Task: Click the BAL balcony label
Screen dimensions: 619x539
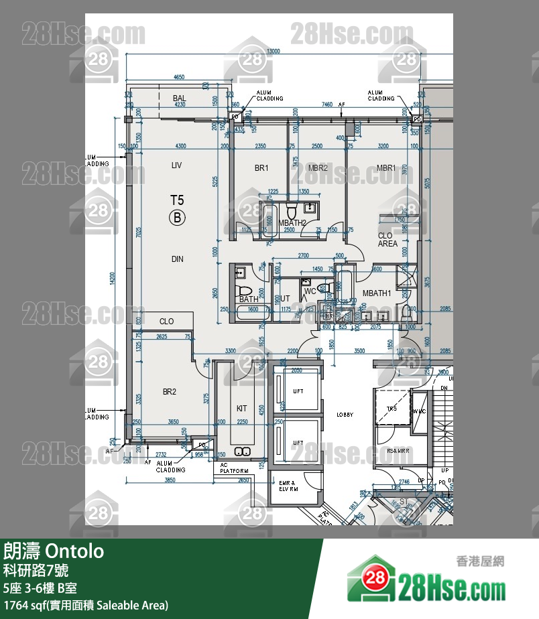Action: click(x=179, y=98)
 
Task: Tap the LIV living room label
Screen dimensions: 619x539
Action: click(x=177, y=164)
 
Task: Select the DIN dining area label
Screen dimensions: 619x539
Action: click(x=177, y=259)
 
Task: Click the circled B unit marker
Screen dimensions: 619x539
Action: click(x=177, y=216)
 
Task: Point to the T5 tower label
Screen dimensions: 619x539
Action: click(x=177, y=200)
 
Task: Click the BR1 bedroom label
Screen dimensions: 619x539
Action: click(x=261, y=168)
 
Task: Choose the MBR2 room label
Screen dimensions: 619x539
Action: click(x=318, y=168)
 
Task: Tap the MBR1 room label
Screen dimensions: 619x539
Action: click(x=386, y=168)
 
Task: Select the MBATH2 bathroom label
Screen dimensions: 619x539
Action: click(x=293, y=223)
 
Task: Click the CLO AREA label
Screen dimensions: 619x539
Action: click(x=387, y=240)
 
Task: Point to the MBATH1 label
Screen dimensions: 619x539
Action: click(x=377, y=293)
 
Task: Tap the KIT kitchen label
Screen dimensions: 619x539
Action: click(x=242, y=408)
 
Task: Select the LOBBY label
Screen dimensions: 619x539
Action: click(x=345, y=415)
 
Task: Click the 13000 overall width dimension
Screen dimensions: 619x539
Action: click(x=273, y=52)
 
